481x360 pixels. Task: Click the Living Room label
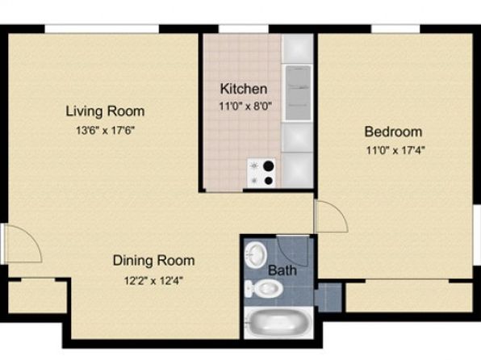pyautogui.click(x=105, y=111)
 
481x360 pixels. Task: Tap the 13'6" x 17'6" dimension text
pyautogui.click(x=106, y=131)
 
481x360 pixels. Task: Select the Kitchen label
pyautogui.click(x=244, y=89)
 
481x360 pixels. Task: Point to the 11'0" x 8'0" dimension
pyautogui.click(x=245, y=107)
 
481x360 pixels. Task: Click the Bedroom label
pyautogui.click(x=393, y=132)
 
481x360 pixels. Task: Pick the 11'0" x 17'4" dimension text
pyautogui.click(x=395, y=151)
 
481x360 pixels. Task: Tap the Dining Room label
pyautogui.click(x=153, y=261)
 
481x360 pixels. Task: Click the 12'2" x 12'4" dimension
pyautogui.click(x=153, y=281)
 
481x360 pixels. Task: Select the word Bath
pyautogui.click(x=282, y=270)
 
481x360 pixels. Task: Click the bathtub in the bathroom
pyautogui.click(x=278, y=322)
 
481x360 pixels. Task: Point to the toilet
pyautogui.click(x=264, y=289)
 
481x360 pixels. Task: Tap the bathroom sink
pyautogui.click(x=256, y=254)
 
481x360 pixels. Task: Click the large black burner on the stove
pyautogui.click(x=269, y=166)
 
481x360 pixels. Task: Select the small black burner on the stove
pyautogui.click(x=269, y=181)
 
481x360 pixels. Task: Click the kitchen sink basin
pyautogui.click(x=298, y=92)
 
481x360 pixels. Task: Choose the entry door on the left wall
pyautogui.click(x=22, y=244)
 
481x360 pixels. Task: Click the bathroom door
pyautogui.click(x=291, y=250)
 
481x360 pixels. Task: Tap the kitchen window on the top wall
pyautogui.click(x=244, y=28)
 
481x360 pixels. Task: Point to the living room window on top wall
pyautogui.click(x=102, y=28)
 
